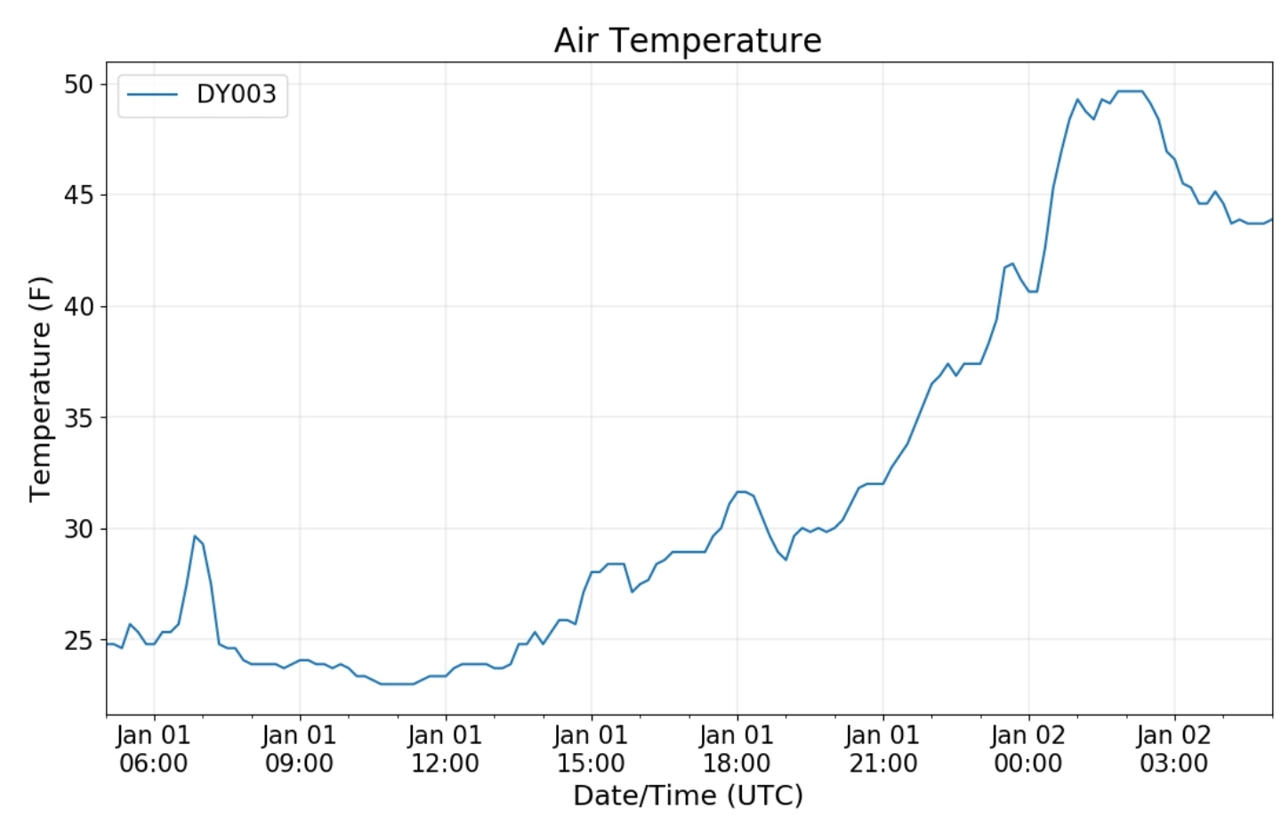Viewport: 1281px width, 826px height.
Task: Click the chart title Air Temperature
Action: (x=688, y=41)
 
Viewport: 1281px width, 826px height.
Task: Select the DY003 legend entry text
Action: (x=237, y=94)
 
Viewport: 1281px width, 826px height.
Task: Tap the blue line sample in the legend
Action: (x=152, y=95)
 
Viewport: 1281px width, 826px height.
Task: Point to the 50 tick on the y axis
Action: (x=78, y=85)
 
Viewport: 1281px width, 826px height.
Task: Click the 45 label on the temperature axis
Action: (x=78, y=196)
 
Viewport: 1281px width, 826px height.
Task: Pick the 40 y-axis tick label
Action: (x=78, y=306)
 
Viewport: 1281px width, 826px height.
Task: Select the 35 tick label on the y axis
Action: (x=78, y=418)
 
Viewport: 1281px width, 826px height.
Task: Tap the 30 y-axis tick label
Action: (x=78, y=529)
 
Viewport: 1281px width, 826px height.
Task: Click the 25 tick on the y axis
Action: (x=78, y=641)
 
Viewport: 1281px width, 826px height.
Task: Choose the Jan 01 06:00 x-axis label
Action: (x=153, y=749)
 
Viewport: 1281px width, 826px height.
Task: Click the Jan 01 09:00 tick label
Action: (x=299, y=749)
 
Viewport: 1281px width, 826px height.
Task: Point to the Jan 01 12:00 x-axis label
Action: (x=445, y=749)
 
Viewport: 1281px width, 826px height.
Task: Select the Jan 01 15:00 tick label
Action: (x=591, y=749)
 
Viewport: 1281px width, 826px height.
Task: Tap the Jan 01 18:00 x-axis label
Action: (x=737, y=749)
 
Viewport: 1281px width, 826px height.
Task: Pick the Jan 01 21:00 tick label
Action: (x=882, y=749)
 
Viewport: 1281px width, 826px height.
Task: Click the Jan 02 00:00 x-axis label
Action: (x=1028, y=749)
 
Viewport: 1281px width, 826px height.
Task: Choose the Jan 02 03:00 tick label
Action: (x=1174, y=749)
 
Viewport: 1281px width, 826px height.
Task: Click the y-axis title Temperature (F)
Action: (x=41, y=389)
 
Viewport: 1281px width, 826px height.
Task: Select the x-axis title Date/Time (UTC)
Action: (x=688, y=796)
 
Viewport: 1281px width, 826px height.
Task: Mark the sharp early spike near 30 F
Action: (x=195, y=536)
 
